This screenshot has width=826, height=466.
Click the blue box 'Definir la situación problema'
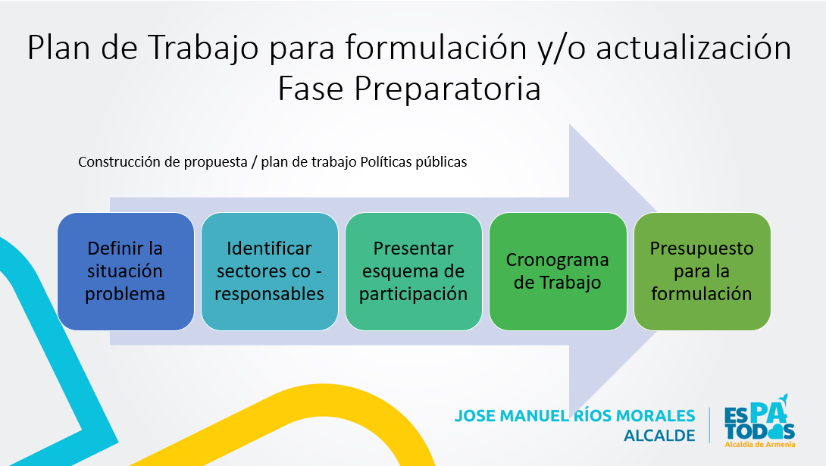point(125,271)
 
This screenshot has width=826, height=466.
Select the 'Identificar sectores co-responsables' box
point(269,271)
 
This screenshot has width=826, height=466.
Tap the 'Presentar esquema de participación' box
point(413,271)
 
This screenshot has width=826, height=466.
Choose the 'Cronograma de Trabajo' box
point(557,271)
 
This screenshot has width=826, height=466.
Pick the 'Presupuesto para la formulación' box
point(702,271)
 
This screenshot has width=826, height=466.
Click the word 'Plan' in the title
point(57,48)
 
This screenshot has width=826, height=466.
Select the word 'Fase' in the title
point(311,89)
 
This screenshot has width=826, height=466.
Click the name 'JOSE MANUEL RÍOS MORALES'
point(574,415)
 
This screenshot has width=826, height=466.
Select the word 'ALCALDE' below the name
point(659,436)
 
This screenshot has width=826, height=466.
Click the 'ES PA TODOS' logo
point(759,419)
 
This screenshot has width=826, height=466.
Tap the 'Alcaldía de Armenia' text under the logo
point(759,445)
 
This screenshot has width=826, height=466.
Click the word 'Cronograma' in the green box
point(557,260)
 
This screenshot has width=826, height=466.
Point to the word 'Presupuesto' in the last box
point(702,249)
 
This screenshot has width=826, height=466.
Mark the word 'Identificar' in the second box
point(269,249)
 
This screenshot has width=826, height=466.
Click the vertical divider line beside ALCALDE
point(710,425)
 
